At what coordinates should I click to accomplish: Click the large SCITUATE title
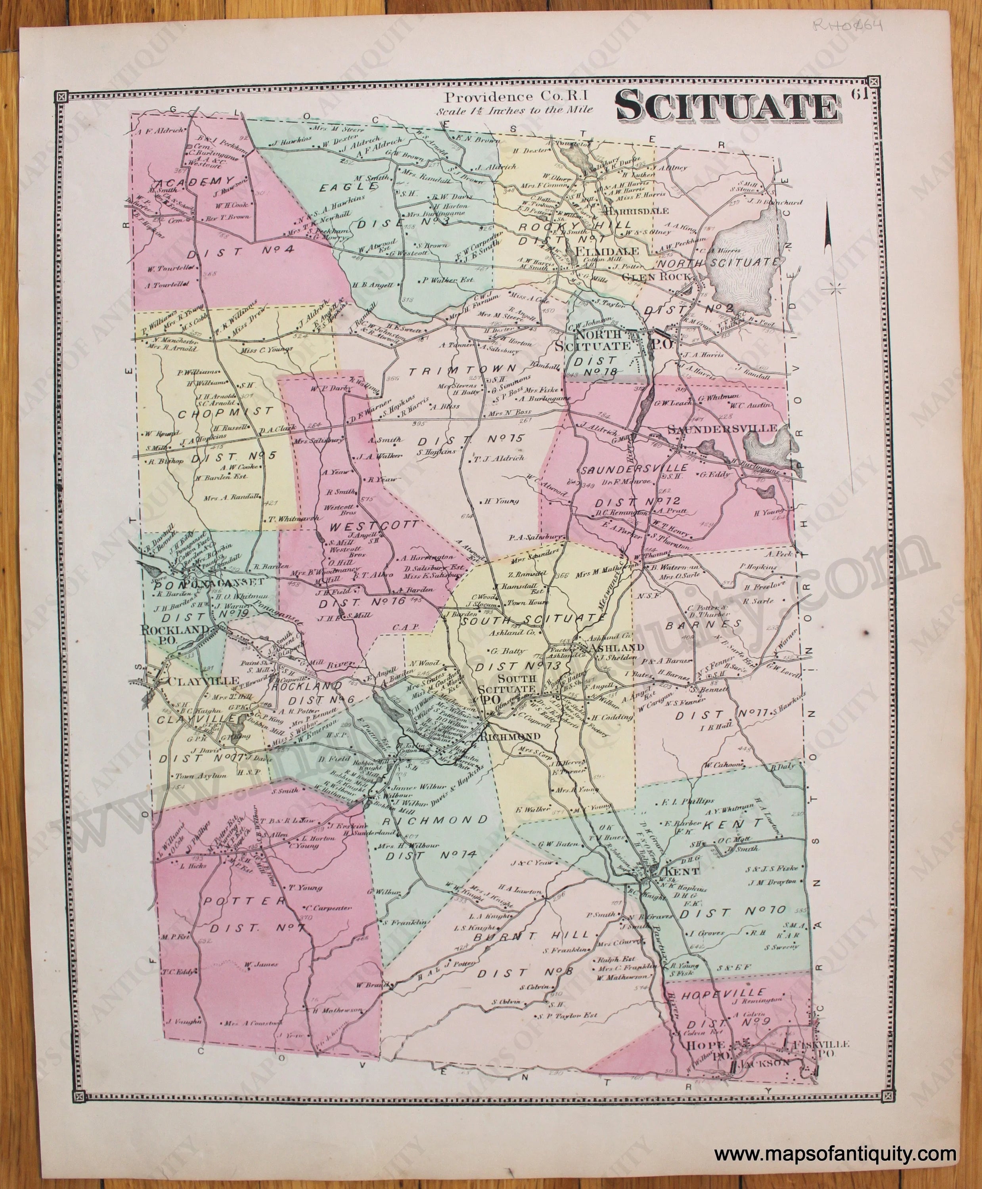[x=726, y=107]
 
